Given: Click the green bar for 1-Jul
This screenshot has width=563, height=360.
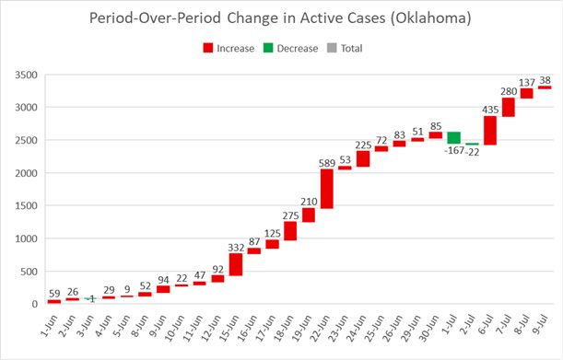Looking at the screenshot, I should tap(453, 137).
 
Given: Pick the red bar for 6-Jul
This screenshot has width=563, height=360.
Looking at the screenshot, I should tap(490, 130).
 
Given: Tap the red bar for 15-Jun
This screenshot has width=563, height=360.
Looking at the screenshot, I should tap(235, 264).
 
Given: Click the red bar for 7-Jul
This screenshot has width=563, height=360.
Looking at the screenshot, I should tap(508, 107).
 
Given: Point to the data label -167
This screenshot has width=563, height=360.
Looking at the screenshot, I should tap(453, 152).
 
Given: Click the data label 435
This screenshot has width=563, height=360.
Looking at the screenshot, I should tap(490, 110).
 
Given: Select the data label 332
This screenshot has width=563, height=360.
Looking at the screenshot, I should tap(235, 246).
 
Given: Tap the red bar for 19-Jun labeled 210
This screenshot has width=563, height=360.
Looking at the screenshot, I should tap(309, 215).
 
